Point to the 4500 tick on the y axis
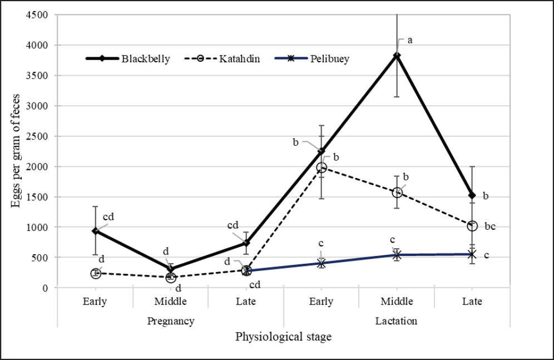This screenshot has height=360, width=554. pos(39,15)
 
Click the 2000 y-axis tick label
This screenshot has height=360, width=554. pos(39,166)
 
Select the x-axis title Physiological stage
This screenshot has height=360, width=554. pos(284,337)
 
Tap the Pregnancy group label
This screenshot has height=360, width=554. pos(171,321)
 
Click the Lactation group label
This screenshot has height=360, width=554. pos(396,321)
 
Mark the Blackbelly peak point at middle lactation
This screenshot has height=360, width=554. pos(397,56)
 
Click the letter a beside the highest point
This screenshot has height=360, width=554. pos(410,40)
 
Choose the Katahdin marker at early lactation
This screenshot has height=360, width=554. pos(321,167)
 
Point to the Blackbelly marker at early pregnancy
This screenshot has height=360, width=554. pos(96,231)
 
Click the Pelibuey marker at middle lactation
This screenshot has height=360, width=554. pos(397,255)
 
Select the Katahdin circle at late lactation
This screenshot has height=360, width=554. pos(472,226)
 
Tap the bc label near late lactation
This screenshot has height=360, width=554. pos(489,226)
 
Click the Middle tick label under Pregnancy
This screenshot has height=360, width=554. pos(171,302)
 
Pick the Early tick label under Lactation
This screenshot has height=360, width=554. pos(321,302)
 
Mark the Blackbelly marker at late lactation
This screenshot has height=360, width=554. pos(472,195)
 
